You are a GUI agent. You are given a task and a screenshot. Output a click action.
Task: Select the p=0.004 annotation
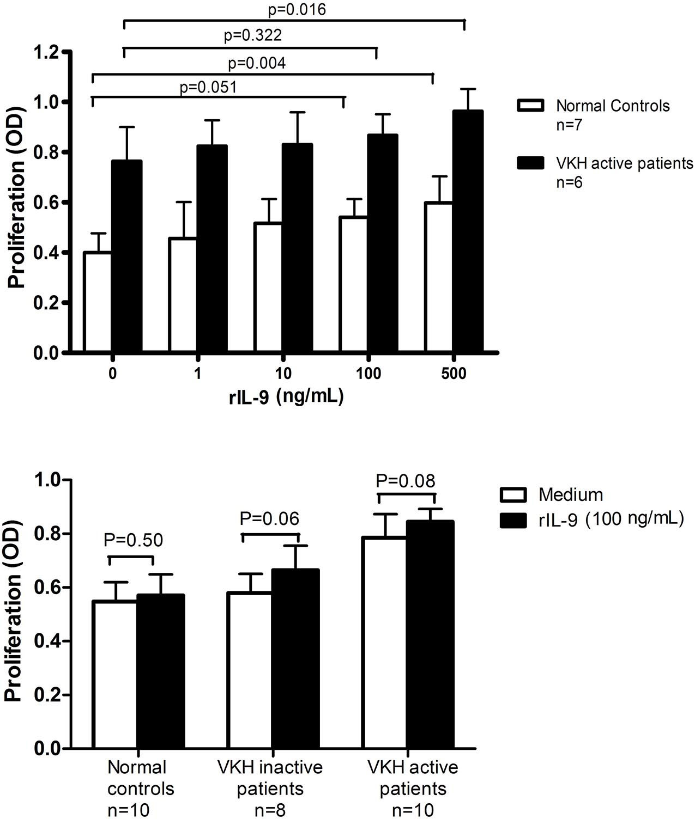pos(256,64)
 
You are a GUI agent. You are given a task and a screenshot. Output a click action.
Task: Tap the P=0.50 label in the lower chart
pos(133,540)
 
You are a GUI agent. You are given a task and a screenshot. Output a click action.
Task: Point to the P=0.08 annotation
pos(406,481)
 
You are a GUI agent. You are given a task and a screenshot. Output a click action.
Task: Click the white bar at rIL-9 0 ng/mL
pos(98,302)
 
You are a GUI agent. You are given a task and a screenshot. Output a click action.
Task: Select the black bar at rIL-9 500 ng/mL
pos(468,231)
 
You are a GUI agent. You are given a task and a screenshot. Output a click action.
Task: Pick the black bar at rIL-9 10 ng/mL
pos(297,248)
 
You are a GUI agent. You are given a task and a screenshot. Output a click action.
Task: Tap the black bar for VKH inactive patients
pos(295,658)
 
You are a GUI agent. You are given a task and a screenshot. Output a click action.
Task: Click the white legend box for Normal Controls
pos(530,106)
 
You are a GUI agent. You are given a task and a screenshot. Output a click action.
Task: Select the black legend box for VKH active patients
pos(530,163)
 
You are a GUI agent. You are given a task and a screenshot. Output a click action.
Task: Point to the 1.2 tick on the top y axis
pos(46,52)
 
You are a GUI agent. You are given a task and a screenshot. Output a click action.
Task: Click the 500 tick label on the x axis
pos(454,375)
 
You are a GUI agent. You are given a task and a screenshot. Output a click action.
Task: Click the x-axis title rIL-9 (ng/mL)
pos(286,397)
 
